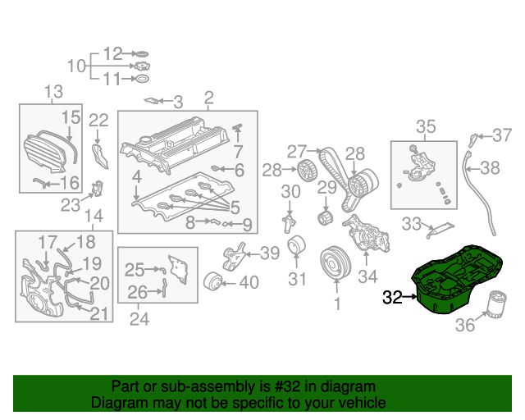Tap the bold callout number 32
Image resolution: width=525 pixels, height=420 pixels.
point(393,298)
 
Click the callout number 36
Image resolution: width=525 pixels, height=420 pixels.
point(465,326)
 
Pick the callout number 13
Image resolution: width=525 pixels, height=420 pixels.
point(52,91)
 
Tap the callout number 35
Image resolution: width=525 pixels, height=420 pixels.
point(427,126)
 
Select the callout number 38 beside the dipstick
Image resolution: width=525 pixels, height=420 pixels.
point(490,168)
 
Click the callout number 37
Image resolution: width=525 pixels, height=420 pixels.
point(500,134)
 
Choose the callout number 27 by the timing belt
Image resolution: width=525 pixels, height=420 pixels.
point(295,150)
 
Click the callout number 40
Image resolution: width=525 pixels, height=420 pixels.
point(248,283)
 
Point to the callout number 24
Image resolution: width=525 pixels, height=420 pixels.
point(139,319)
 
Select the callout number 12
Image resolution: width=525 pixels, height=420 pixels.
point(112,52)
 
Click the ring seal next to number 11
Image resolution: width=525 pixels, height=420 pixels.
point(141,79)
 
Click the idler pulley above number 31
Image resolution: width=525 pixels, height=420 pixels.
point(296,247)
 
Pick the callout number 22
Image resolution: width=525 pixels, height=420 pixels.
point(98,121)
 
